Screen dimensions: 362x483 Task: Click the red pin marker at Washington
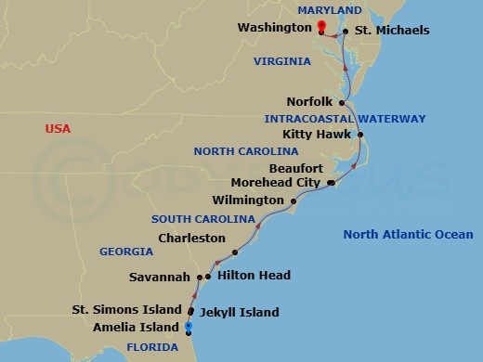click(x=321, y=27)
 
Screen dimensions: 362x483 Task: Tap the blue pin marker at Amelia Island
click(x=189, y=326)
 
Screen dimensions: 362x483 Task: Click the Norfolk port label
click(x=311, y=103)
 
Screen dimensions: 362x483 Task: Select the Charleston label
click(x=192, y=239)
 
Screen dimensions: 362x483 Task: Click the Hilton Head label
click(x=254, y=276)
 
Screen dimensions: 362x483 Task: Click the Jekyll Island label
click(x=240, y=313)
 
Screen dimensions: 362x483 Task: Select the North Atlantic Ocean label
click(x=408, y=235)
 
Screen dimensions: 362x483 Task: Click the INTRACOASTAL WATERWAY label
click(x=345, y=119)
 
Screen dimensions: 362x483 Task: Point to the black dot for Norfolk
click(x=343, y=103)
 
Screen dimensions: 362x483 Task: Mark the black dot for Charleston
click(x=235, y=252)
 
